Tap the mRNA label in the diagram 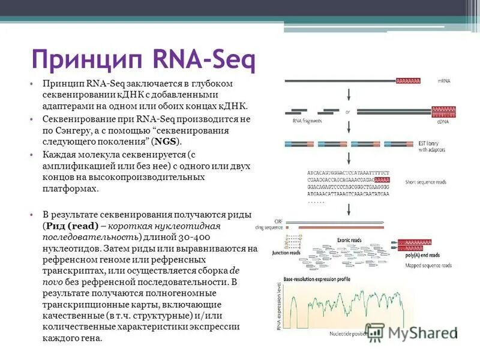(x=443, y=80)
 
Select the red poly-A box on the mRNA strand (x=408, y=80)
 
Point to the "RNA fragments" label (x=307, y=121)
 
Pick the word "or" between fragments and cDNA (x=347, y=112)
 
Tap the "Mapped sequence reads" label (x=428, y=265)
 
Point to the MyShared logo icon (x=375, y=331)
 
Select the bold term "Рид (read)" (x=73, y=226)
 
